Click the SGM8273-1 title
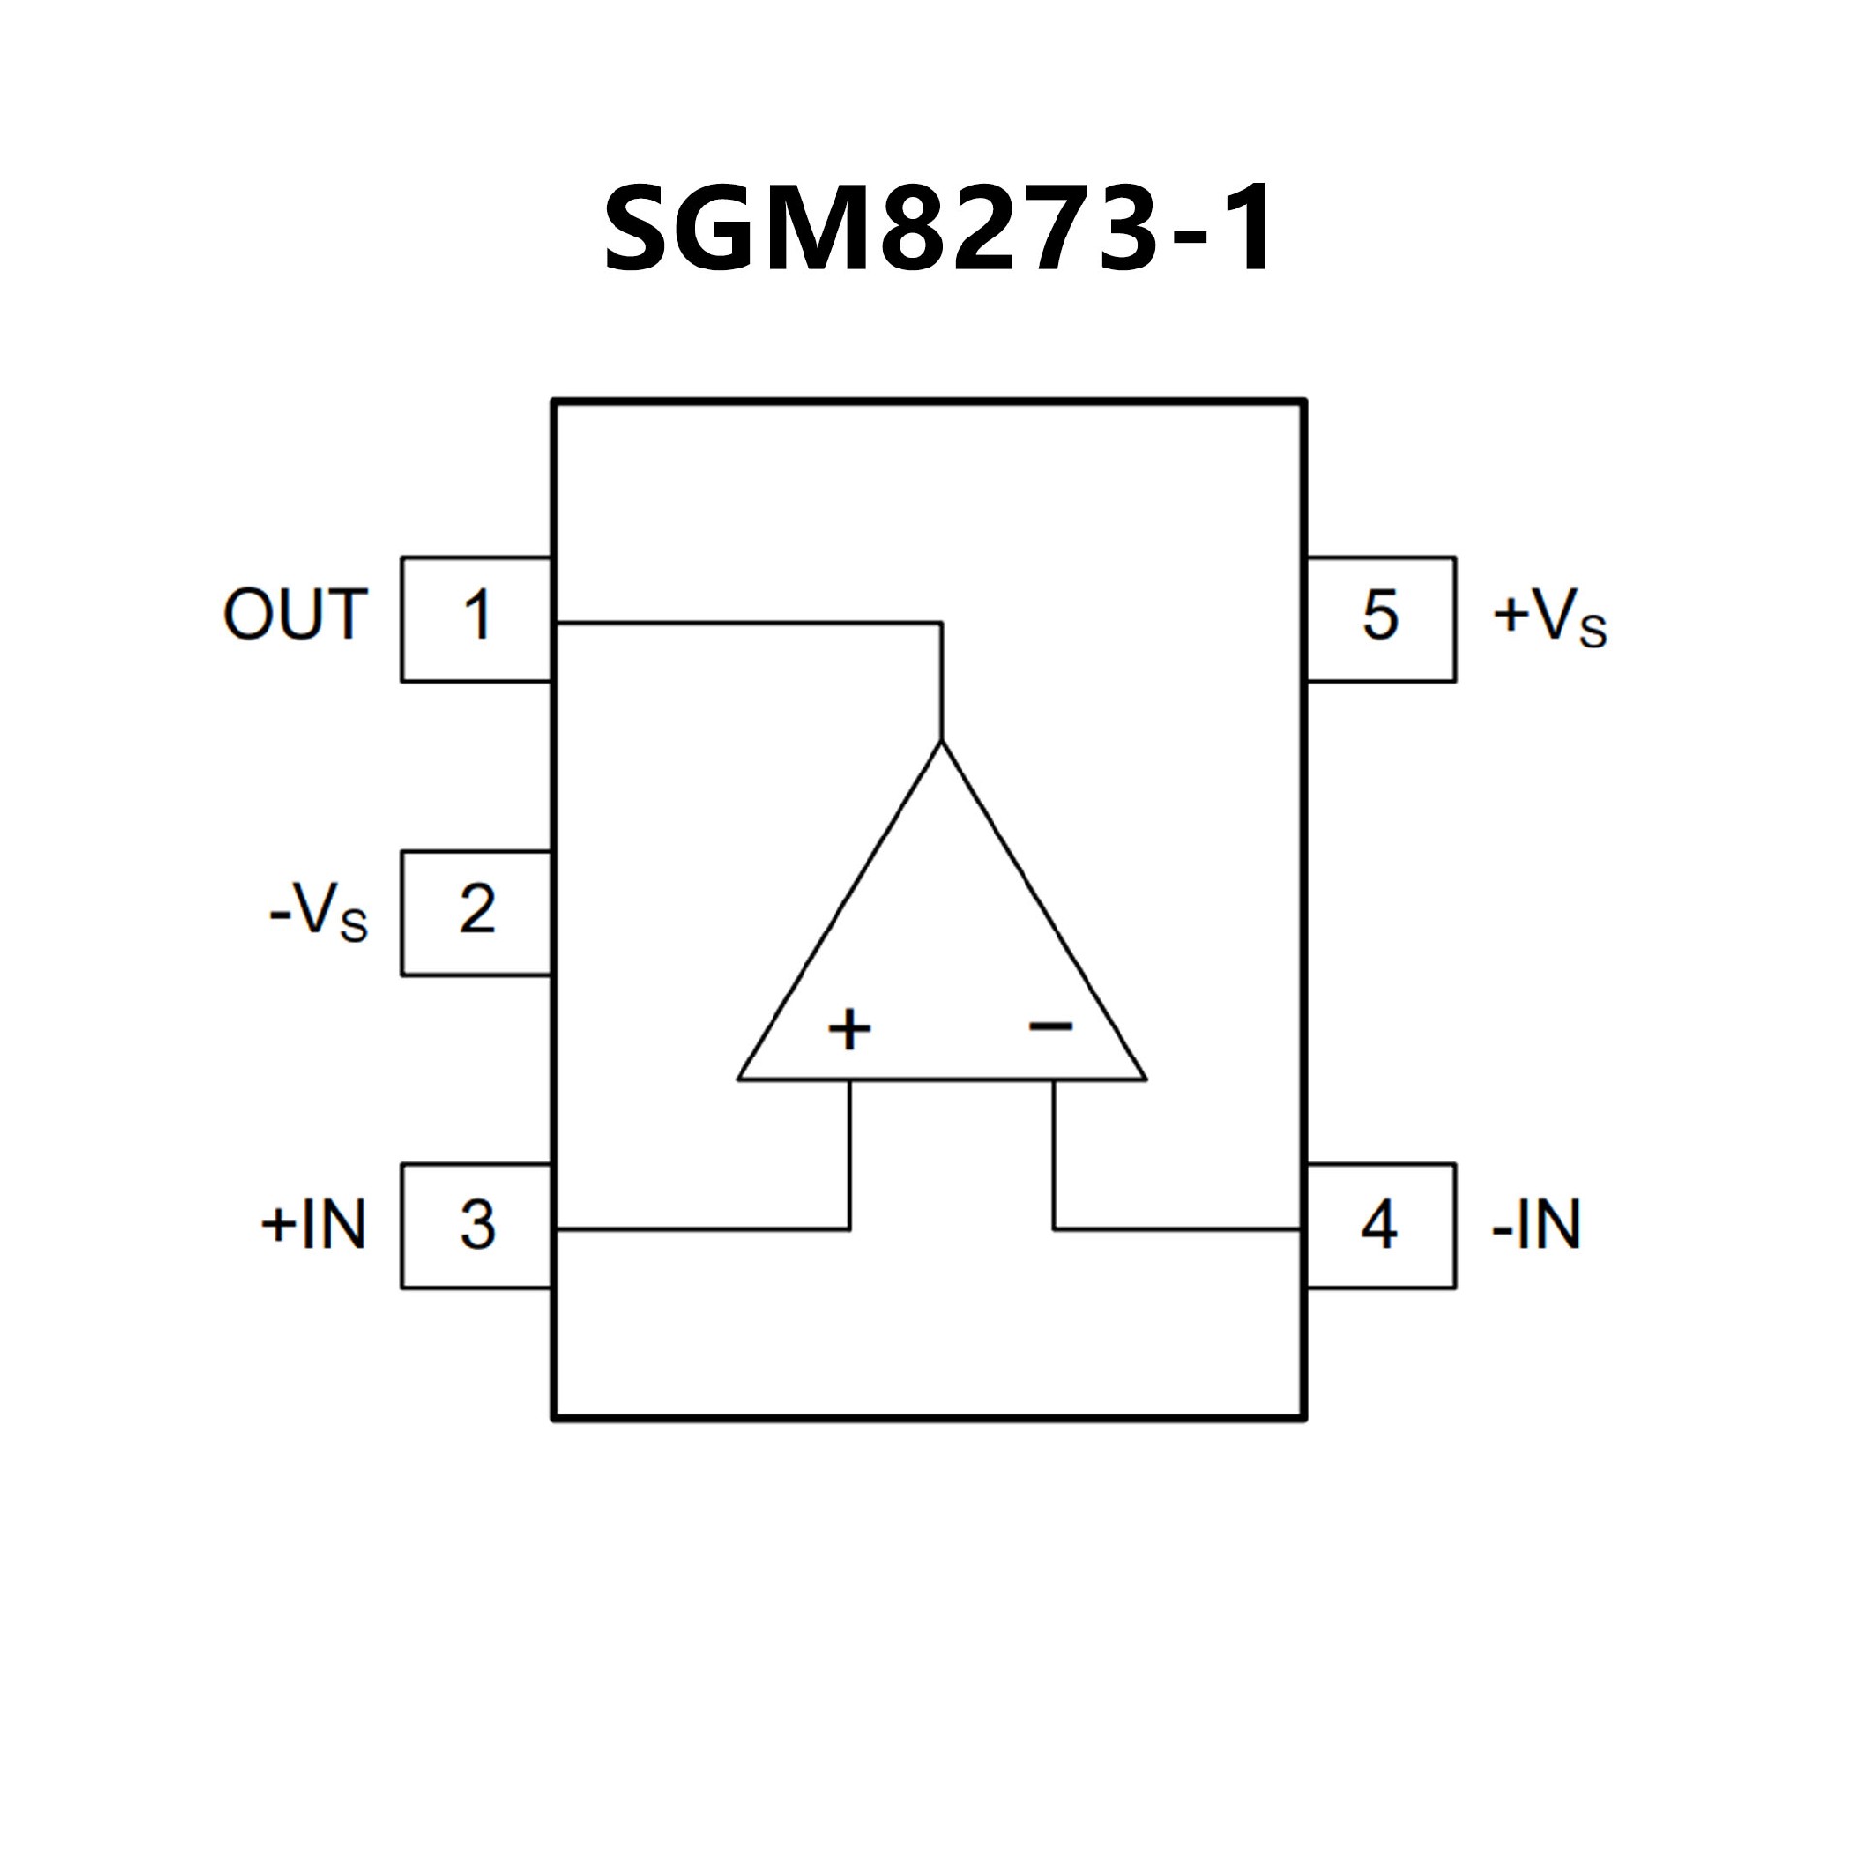pos(936,231)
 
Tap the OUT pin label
pos(296,615)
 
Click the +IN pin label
pos(313,1224)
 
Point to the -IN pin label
pos(1536,1224)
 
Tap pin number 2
pos(477,910)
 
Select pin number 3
pos(477,1225)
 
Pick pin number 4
pos(1379,1225)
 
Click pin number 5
pos(1380,615)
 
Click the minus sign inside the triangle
pos(1052,1025)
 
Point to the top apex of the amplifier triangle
pos(941,743)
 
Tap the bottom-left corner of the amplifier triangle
pos(740,1077)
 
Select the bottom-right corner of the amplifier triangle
pos(1145,1077)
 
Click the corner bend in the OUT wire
pos(941,623)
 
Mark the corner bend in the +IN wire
pos(850,1229)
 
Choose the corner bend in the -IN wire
pos(1055,1229)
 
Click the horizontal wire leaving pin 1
pos(746,623)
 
